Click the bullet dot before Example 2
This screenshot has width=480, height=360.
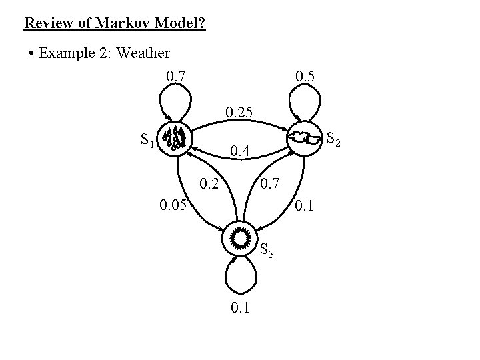coord(32,53)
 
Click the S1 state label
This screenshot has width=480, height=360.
coord(148,140)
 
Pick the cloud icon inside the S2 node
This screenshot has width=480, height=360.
coord(303,139)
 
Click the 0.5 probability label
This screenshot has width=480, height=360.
coord(305,77)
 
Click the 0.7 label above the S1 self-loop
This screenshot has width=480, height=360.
coord(177,77)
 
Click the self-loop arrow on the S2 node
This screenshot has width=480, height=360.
coord(304,100)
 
